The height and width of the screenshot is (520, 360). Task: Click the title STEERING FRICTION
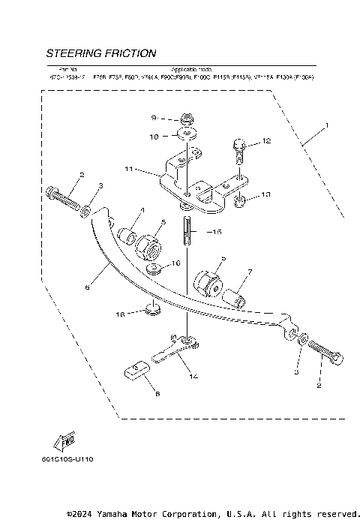pyautogui.click(x=101, y=54)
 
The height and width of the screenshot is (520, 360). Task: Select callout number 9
pyautogui.click(x=153, y=119)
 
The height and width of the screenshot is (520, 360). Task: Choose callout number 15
pyautogui.click(x=217, y=233)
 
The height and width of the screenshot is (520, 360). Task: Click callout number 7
pyautogui.click(x=250, y=271)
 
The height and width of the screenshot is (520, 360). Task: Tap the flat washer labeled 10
pyautogui.click(x=185, y=136)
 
